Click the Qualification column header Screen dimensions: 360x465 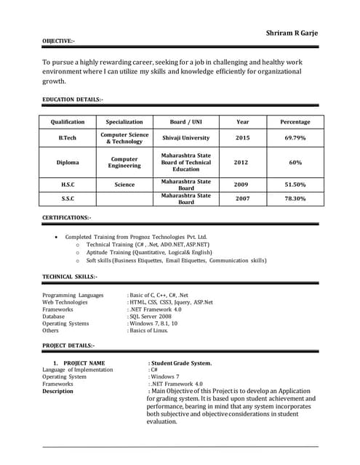(x=68, y=122)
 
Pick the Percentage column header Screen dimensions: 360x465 (x=295, y=122)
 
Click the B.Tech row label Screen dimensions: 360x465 (x=68, y=137)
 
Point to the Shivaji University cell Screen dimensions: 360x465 (x=186, y=137)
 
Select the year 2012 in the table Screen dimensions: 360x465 (x=241, y=163)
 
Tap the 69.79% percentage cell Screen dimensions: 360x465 (x=295, y=137)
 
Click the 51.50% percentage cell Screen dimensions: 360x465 (x=295, y=185)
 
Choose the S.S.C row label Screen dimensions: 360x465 (x=68, y=198)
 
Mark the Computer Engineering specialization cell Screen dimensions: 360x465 (x=124, y=163)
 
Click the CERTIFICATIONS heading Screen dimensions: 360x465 (x=67, y=217)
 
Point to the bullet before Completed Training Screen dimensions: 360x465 (x=57, y=238)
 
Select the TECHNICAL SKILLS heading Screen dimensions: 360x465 (x=70, y=277)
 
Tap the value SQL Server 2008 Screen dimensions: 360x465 (x=151, y=317)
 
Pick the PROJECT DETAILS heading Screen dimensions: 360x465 (x=68, y=345)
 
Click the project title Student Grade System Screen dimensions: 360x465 (x=181, y=363)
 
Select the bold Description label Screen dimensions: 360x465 (x=57, y=391)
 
